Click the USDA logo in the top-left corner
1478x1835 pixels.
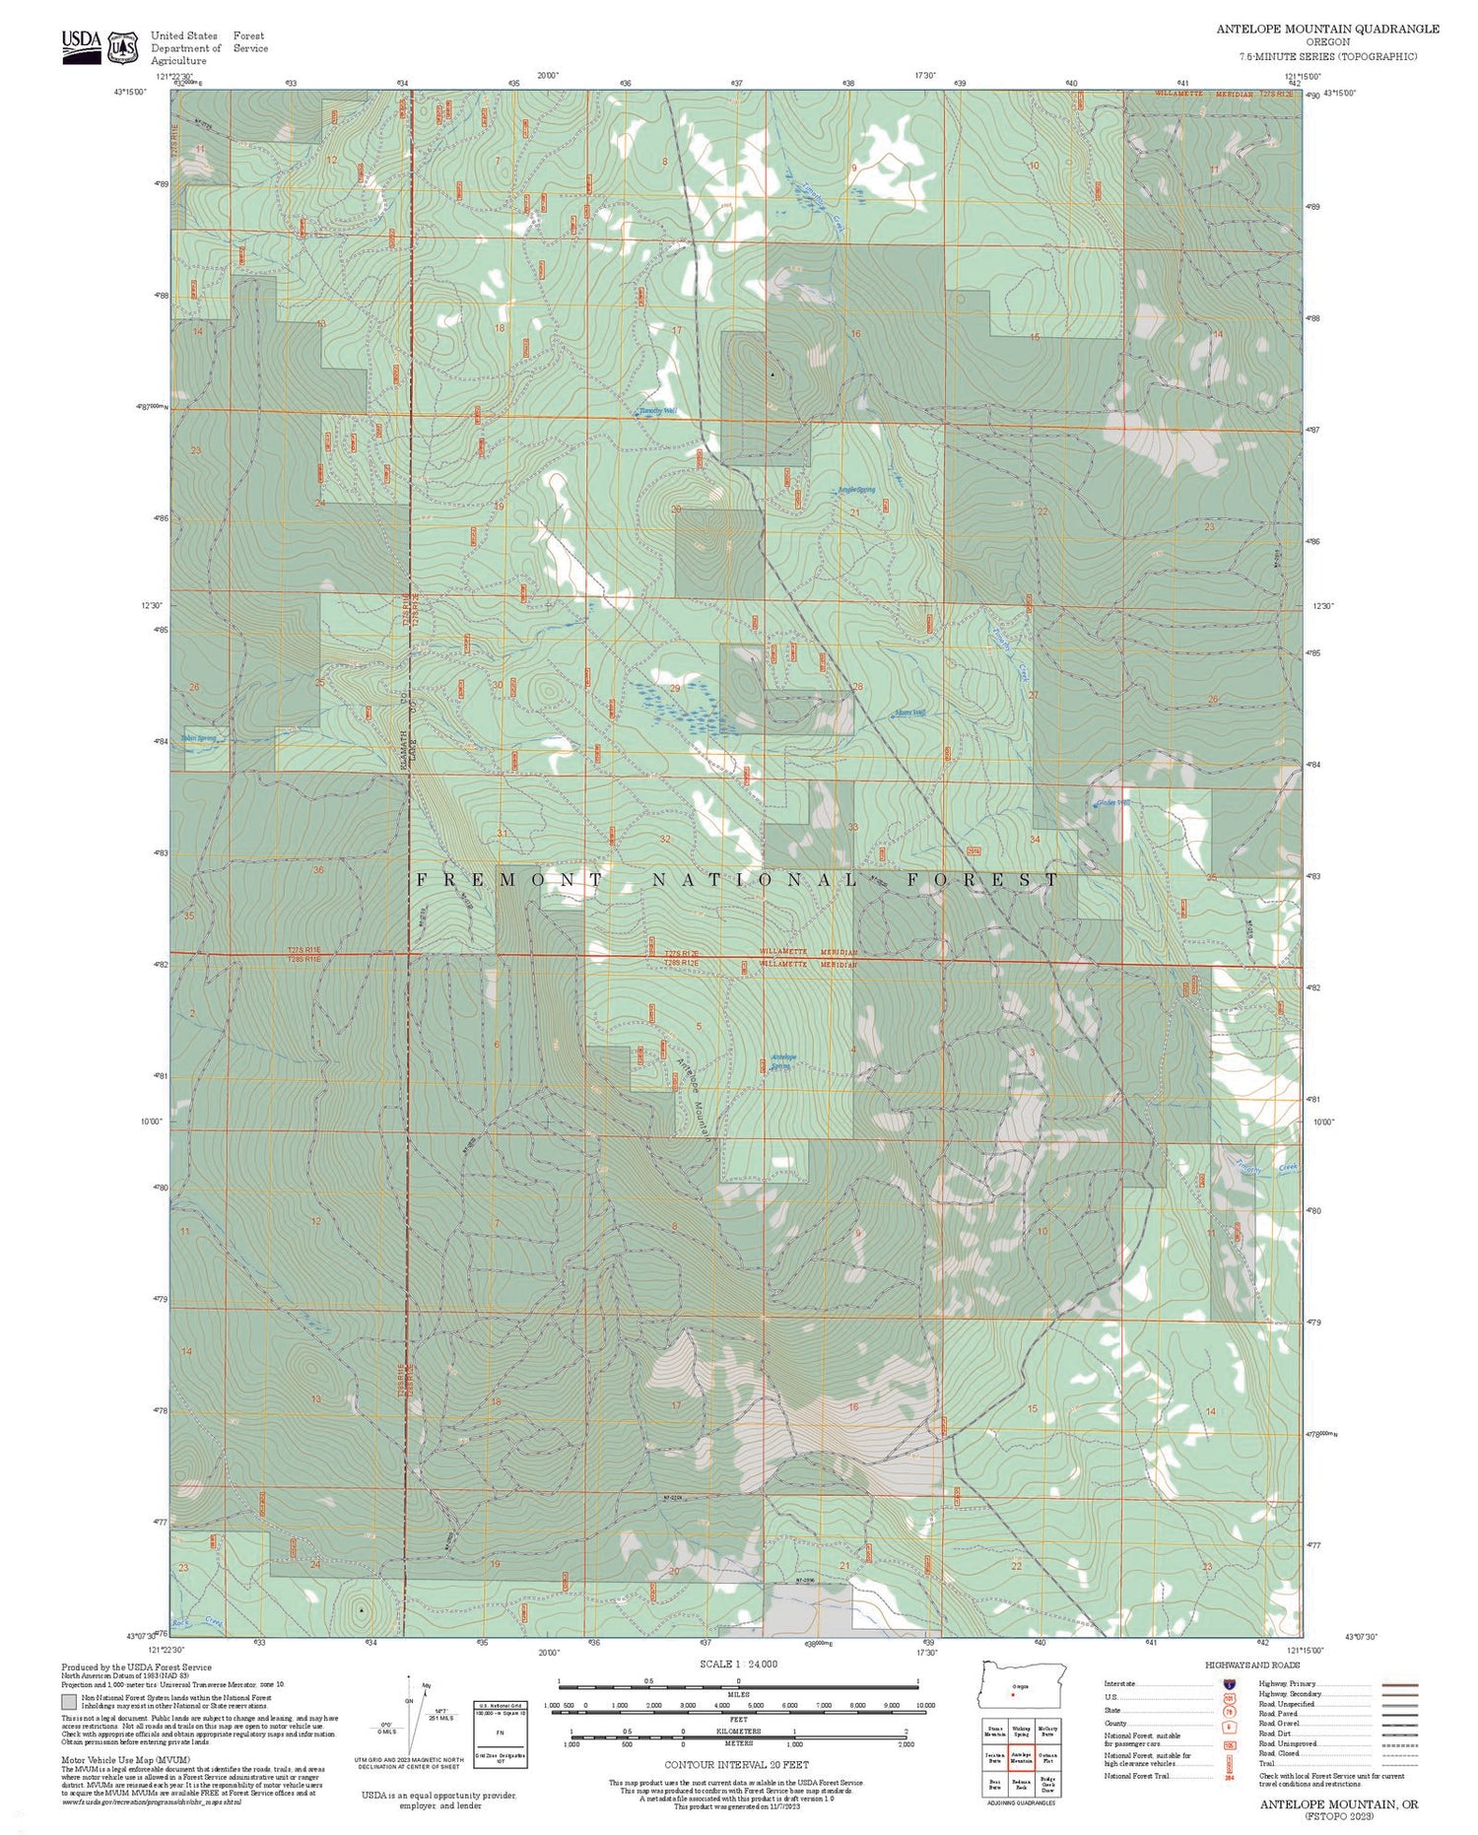click(x=81, y=45)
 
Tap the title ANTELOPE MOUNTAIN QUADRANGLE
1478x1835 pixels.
click(x=1327, y=29)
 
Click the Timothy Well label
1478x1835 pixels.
click(x=656, y=411)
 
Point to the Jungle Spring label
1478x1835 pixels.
click(x=855, y=490)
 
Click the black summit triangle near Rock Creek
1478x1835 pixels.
click(x=362, y=1609)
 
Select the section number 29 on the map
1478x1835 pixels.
click(x=675, y=688)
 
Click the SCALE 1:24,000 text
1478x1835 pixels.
click(x=738, y=1664)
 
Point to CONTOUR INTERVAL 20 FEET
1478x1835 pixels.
click(x=736, y=1764)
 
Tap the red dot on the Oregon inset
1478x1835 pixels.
click(x=1012, y=1695)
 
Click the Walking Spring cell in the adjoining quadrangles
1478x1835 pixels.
click(x=1021, y=1732)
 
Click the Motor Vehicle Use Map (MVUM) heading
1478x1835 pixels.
click(x=125, y=1759)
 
